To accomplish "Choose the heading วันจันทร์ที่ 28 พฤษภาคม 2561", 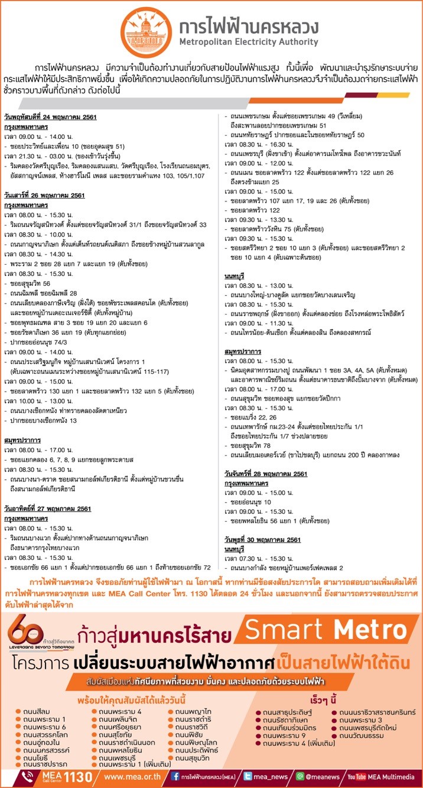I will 266,474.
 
